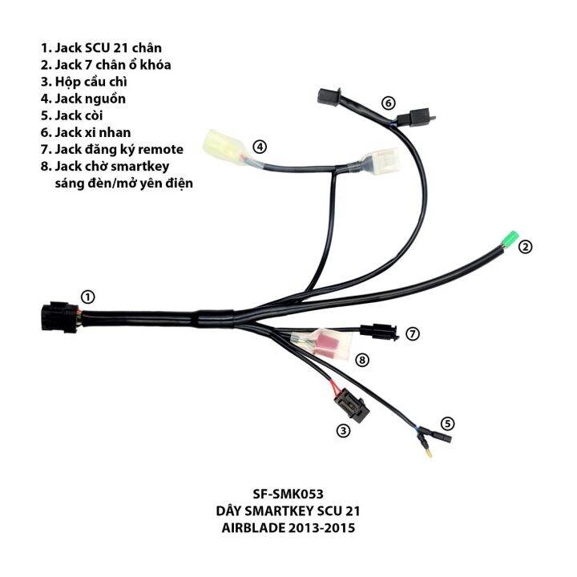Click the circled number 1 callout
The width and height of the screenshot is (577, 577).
[88, 297]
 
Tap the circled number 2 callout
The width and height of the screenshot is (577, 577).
[525, 247]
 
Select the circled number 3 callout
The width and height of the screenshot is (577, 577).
[343, 430]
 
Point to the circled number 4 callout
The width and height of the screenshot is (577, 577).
[260, 147]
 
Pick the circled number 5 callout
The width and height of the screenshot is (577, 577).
[447, 422]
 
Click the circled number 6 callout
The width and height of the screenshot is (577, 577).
[388, 103]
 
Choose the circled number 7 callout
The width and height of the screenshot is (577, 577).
[413, 333]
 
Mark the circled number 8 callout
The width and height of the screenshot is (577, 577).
[362, 360]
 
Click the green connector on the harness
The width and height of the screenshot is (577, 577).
[506, 240]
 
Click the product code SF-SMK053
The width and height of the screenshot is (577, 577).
[288, 494]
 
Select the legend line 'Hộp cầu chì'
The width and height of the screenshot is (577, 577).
[88, 81]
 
